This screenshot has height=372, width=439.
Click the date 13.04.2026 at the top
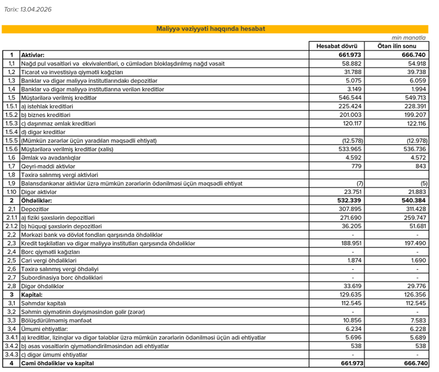point(36,9)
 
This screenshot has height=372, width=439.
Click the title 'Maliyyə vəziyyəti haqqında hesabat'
point(211,29)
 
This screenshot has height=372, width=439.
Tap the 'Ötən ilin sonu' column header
point(397,46)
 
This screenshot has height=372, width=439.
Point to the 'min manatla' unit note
point(409,38)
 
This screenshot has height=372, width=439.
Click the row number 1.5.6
point(12,149)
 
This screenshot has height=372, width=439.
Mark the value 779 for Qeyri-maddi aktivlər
point(356,166)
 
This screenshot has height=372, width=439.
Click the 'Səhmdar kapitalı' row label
point(44,303)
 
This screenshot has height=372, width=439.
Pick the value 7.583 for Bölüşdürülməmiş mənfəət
point(418,321)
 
